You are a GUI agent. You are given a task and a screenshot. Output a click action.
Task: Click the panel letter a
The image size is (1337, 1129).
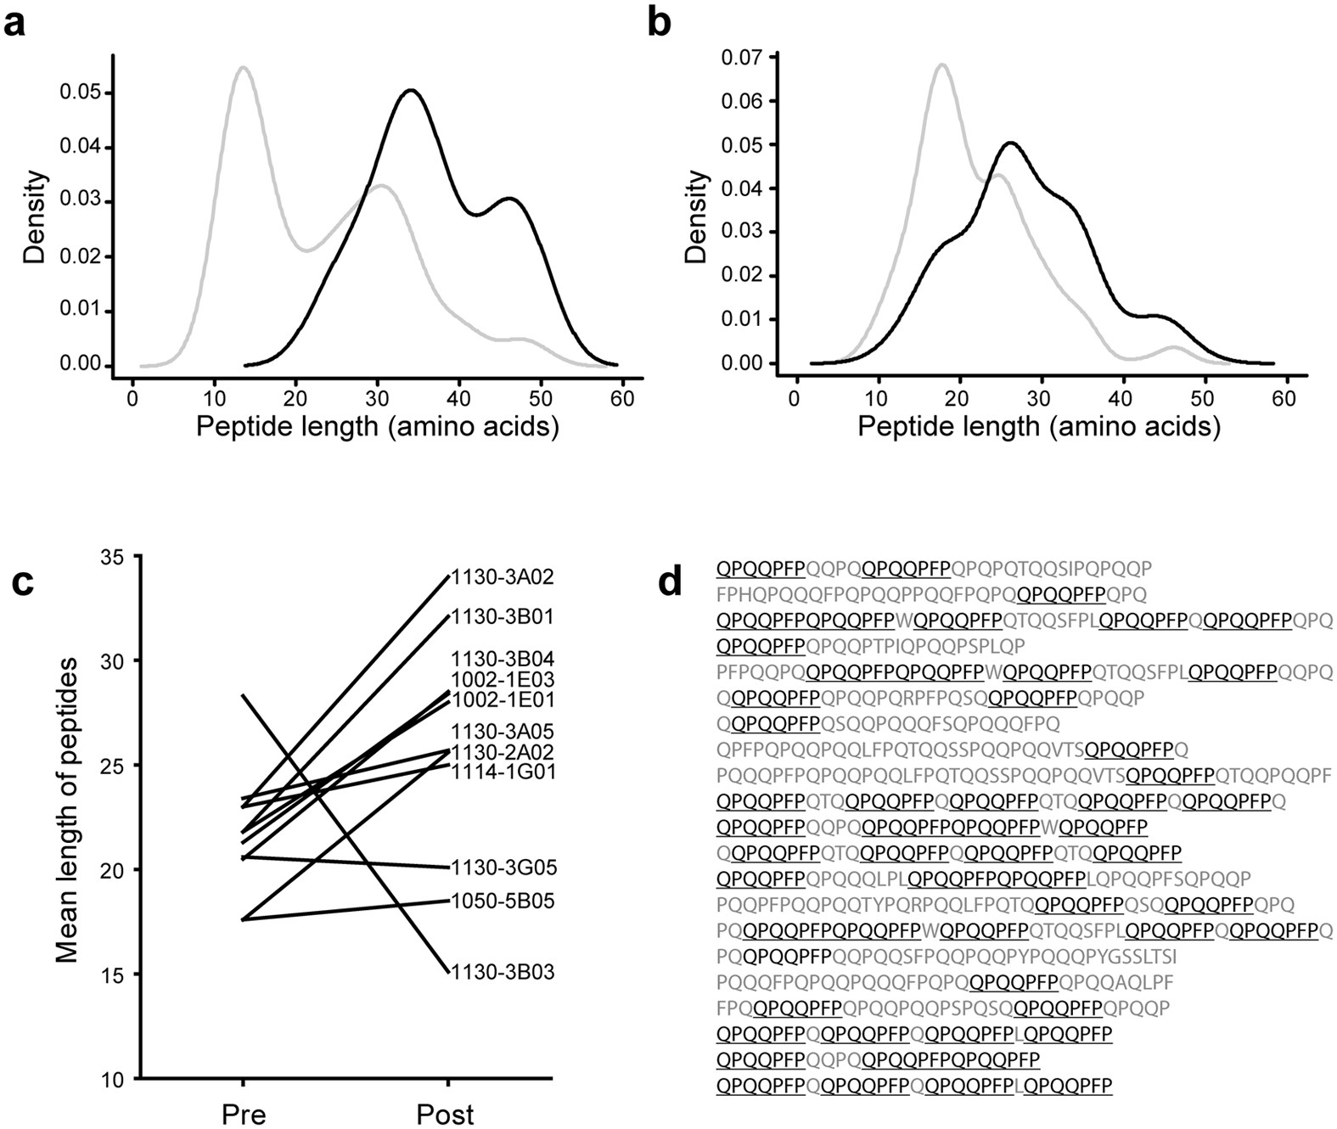coord(14,23)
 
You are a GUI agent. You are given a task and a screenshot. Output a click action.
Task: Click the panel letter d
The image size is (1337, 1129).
coord(671,583)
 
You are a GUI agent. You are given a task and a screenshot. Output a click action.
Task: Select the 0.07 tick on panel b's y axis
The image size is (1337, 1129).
coord(741,58)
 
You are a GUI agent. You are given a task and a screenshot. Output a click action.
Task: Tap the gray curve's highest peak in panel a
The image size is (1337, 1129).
coord(244,67)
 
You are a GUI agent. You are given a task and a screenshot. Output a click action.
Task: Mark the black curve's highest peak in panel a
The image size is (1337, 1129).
coord(411,90)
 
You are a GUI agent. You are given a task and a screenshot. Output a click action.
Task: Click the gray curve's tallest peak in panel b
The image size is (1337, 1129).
coord(941,64)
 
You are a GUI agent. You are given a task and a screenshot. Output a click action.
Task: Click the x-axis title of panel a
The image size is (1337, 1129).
coord(378,425)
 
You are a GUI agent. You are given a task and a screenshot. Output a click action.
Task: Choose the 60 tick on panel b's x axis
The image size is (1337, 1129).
coord(1285,397)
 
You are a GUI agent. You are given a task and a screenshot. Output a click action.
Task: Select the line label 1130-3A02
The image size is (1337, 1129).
coord(502,578)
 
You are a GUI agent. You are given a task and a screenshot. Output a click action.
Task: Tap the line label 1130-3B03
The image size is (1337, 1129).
coord(502,972)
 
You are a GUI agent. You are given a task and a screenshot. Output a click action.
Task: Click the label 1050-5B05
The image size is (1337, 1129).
coord(502,901)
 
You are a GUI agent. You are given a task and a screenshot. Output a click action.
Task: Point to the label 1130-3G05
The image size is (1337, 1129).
coord(502,868)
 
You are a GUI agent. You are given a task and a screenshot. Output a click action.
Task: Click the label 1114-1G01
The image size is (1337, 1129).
coord(502,772)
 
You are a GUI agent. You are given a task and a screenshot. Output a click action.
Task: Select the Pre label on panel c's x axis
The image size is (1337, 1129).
coord(244,1114)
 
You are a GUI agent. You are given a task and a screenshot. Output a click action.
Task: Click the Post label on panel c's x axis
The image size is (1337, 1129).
coord(446,1114)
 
